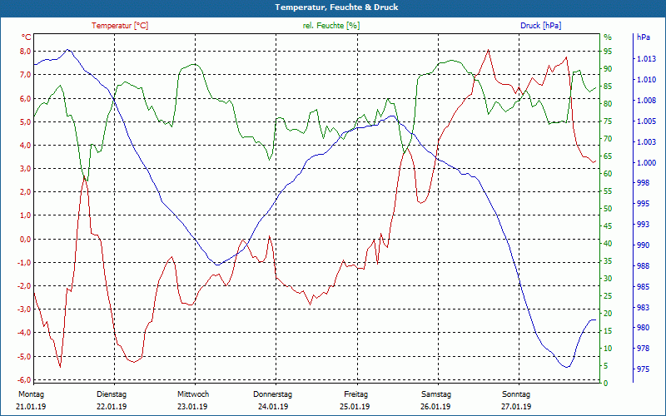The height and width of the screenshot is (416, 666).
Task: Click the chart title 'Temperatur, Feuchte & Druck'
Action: [333, 7]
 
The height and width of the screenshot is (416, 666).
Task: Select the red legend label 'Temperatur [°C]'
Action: [120, 26]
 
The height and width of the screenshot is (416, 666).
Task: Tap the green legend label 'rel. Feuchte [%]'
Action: [331, 26]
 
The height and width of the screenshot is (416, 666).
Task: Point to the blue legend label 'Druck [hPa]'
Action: [540, 26]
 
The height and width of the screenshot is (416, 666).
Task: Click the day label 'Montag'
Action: [31, 394]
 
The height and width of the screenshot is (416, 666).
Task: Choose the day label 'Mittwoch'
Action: [193, 394]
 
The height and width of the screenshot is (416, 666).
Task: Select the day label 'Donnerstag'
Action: [273, 394]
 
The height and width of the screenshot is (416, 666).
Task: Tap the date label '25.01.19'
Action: [355, 407]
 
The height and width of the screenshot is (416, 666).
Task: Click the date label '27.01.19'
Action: [516, 407]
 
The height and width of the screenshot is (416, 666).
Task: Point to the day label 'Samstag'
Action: [435, 394]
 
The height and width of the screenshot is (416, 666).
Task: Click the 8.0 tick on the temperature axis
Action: [26, 51]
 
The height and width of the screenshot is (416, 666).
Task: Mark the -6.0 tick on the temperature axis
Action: [25, 380]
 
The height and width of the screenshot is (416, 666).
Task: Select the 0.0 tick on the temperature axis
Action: [26, 239]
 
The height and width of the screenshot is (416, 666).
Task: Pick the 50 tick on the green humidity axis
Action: [608, 209]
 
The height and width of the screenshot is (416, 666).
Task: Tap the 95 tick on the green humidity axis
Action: [608, 52]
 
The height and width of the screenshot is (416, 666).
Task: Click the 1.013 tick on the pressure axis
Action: [646, 59]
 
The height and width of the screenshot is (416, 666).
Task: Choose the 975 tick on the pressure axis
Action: [643, 369]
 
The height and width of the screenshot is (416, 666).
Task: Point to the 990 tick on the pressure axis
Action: [643, 245]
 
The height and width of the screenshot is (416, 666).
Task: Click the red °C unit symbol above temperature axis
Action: [27, 37]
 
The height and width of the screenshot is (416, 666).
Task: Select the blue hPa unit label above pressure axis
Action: [644, 37]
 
